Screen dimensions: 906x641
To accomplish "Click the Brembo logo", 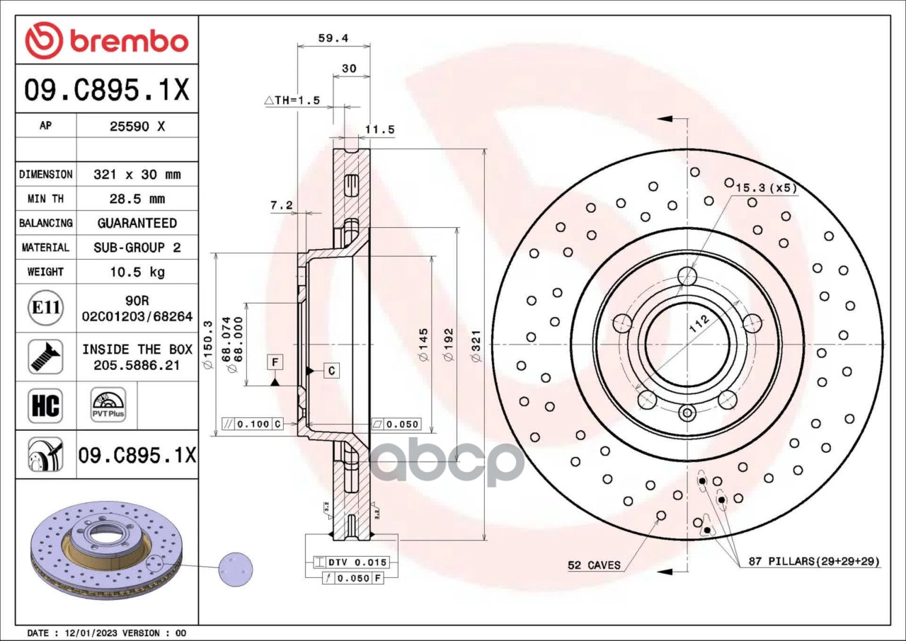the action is [107, 41].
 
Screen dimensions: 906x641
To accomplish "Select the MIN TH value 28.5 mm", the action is [137, 199].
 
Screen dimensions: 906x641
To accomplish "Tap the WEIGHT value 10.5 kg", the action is [137, 272].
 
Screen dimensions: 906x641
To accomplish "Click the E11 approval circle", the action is [46, 308].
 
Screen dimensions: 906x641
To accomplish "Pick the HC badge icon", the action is [46, 406].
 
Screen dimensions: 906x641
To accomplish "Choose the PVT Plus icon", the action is [108, 405].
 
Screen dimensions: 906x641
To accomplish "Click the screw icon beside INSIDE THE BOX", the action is [46, 357].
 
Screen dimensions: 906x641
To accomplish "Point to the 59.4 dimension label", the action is [333, 38].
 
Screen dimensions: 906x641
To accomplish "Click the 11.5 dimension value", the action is [379, 129].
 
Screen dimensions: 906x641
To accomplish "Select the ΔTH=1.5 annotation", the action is [292, 100].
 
